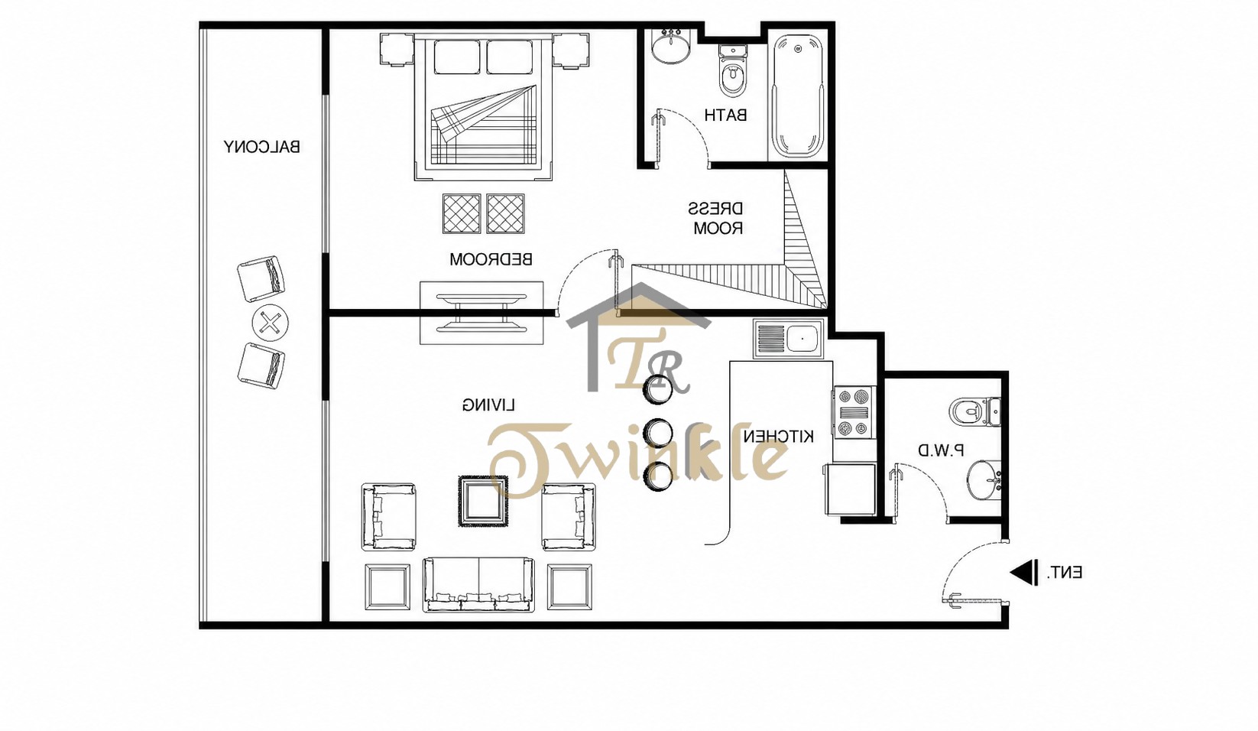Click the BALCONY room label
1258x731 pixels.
coord(261,148)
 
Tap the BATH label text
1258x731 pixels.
coord(725,115)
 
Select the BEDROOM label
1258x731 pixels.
coord(490,259)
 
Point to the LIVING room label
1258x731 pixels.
coord(488,404)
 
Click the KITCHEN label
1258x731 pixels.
coord(778,437)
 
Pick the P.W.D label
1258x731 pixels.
coord(942,450)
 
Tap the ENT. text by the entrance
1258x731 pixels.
coord(1064,573)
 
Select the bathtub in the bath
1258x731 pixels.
coord(797,96)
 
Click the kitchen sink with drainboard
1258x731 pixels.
coord(789,339)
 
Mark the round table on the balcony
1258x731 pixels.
coord(270,323)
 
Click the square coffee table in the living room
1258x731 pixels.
coord(483,501)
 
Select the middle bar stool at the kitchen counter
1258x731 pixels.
coord(657,434)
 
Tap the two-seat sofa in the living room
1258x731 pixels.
coord(478,584)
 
